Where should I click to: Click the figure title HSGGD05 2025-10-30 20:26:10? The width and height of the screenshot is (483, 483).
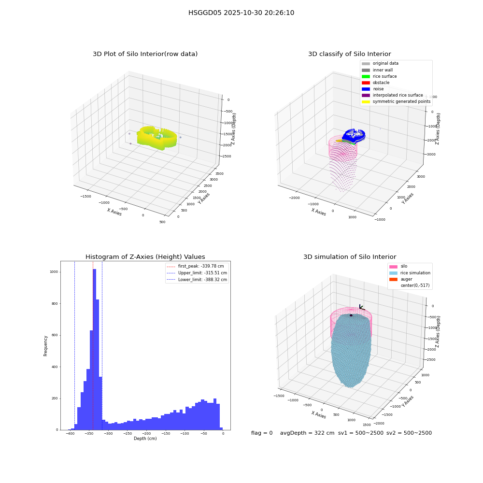click(x=241, y=13)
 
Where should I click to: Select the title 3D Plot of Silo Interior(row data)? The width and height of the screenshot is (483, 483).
click(x=145, y=54)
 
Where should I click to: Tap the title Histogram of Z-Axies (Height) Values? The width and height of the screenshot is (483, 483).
click(x=145, y=256)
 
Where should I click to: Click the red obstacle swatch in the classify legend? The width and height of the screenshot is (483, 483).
click(x=366, y=83)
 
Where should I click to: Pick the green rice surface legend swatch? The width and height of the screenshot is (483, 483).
click(x=366, y=76)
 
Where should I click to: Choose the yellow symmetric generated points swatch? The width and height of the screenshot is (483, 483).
click(x=366, y=101)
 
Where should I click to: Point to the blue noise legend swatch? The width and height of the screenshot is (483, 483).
click(x=366, y=89)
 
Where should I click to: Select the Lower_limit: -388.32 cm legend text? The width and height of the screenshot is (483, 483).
click(x=202, y=280)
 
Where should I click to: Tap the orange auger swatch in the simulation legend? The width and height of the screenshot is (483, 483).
click(x=393, y=279)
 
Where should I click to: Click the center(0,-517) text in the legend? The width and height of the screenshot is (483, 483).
click(x=415, y=285)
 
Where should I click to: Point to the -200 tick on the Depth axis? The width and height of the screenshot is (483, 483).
click(x=146, y=433)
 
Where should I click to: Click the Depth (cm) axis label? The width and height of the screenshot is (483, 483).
click(x=145, y=439)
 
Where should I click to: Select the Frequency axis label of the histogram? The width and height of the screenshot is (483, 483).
click(x=45, y=346)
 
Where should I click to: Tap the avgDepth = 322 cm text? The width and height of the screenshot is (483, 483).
click(x=307, y=433)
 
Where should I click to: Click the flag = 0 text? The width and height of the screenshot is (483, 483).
click(x=262, y=433)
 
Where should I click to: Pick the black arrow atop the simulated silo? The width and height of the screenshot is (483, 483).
click(x=362, y=307)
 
